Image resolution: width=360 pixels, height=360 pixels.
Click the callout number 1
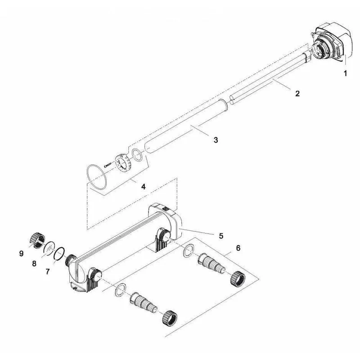click(345, 73)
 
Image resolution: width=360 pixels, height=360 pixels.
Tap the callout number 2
click(297, 94)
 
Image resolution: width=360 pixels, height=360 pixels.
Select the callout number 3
click(216, 140)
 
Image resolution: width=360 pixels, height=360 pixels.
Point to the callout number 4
click(143, 186)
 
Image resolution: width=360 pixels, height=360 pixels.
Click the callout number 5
click(221, 236)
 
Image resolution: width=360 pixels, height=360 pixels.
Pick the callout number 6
click(238, 248)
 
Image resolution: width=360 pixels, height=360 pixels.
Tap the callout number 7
click(48, 272)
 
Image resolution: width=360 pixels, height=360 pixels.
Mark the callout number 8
click(34, 264)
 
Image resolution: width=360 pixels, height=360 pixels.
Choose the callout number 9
click(21, 253)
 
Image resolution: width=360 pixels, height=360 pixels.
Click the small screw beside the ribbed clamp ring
click(108, 164)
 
